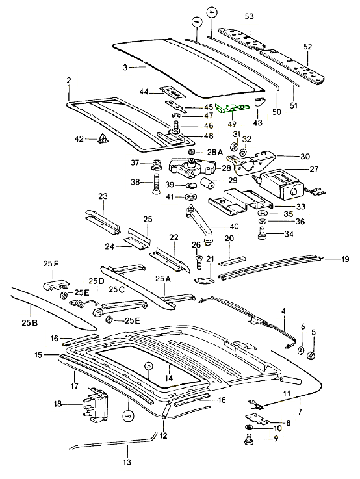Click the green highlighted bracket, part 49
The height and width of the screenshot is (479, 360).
click(232, 108)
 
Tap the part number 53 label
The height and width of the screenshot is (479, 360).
click(250, 16)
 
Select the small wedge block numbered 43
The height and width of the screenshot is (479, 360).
click(259, 102)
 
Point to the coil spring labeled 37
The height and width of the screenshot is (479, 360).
click(157, 164)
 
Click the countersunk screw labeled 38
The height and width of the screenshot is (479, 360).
click(156, 183)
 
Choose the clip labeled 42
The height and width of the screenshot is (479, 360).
click(103, 138)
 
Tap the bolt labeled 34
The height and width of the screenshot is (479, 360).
click(261, 233)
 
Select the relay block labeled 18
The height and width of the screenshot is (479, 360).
click(95, 405)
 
